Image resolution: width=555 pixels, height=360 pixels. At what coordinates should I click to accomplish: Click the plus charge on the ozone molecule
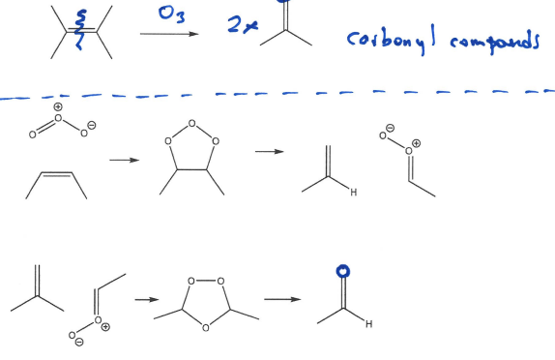57,105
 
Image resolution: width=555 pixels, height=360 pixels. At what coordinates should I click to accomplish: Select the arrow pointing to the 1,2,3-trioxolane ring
123,161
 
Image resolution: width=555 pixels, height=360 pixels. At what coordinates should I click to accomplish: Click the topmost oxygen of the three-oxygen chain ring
191,123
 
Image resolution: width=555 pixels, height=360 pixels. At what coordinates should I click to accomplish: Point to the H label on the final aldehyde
368,324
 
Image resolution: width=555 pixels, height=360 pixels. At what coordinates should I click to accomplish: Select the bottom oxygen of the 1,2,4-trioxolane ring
206,328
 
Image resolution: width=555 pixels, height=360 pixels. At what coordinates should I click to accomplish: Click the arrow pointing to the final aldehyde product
282,299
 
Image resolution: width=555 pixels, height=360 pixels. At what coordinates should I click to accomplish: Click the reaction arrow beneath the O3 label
169,34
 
